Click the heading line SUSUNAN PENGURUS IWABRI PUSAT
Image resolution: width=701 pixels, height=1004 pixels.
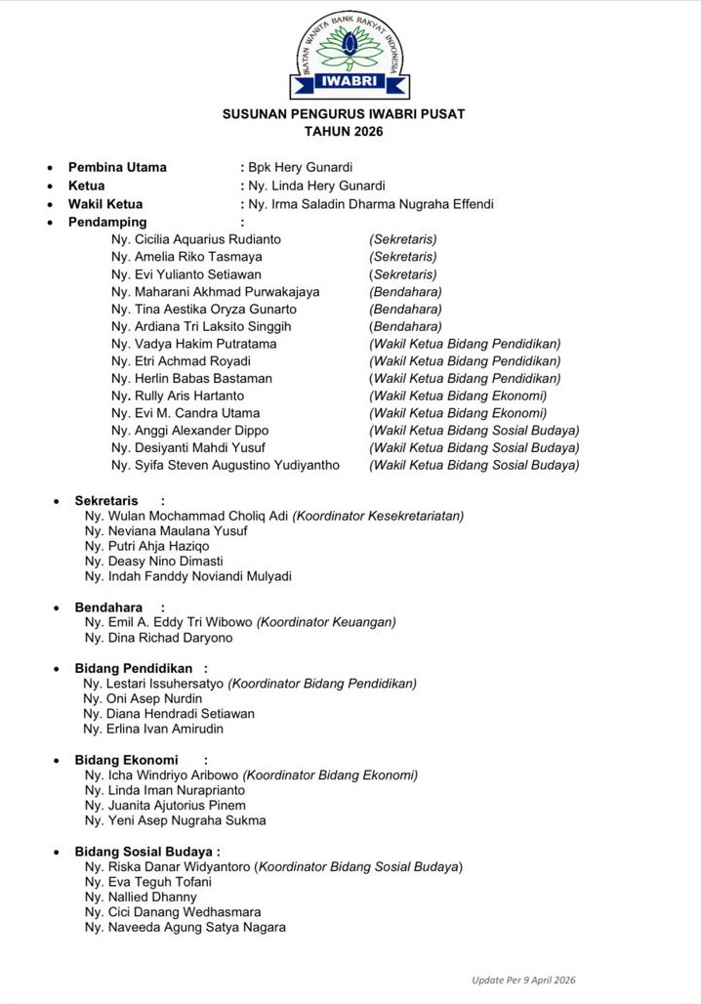344,114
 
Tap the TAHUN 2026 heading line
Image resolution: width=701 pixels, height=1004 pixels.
344,131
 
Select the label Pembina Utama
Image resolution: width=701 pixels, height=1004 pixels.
117,167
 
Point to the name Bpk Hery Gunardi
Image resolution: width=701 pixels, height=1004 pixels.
300,167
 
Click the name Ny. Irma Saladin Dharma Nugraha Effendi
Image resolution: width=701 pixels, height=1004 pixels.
371,204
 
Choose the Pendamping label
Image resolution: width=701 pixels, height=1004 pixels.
107,222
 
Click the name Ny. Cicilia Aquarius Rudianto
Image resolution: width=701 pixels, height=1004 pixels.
196,239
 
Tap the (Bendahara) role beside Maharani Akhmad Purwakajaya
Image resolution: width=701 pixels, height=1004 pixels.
405,291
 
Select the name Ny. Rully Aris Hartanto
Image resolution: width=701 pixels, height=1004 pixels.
178,396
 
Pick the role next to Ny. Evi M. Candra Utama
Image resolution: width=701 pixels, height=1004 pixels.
458,413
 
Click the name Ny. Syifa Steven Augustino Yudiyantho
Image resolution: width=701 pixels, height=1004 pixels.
226,465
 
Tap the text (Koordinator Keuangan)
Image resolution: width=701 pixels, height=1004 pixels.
326,622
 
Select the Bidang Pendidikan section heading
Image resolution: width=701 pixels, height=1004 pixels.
134,668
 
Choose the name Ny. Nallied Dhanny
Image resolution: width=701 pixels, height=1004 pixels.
141,897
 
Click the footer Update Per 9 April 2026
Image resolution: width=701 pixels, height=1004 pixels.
530,980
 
